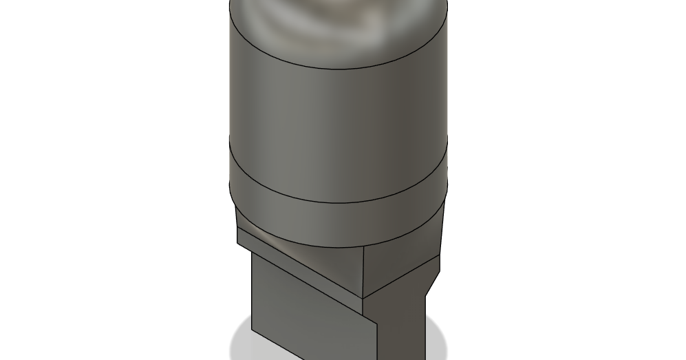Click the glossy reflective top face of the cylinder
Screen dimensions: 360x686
(337, 24)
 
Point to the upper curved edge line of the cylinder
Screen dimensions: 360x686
(337, 69)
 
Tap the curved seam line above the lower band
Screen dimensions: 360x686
(337, 204)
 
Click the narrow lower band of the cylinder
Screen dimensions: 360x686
(337, 224)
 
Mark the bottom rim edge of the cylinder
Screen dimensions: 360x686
(337, 247)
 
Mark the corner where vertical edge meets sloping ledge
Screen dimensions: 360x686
(363, 297)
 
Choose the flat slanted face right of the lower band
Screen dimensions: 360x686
(439, 234)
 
